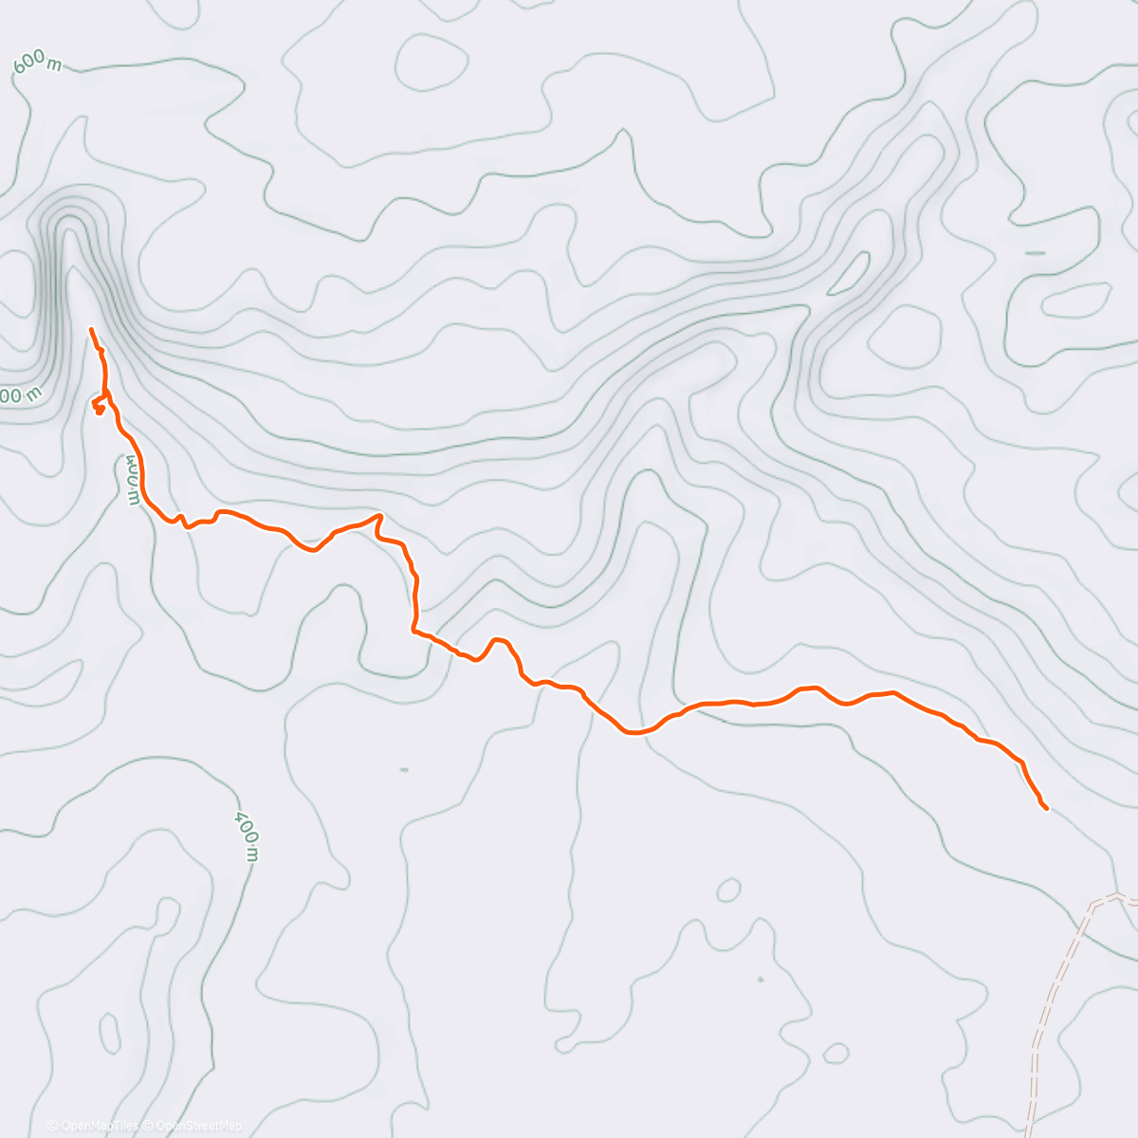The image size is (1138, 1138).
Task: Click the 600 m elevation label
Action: coord(38,64)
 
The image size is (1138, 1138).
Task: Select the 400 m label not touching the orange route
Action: coord(247,835)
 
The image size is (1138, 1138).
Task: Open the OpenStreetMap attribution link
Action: coord(199,1126)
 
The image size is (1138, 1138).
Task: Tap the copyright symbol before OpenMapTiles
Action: coord(53,1126)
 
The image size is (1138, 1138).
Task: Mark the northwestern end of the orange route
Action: coord(90,329)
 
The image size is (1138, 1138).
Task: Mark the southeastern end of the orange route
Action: coord(1046,808)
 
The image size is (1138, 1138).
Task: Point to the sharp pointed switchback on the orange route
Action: coord(379,516)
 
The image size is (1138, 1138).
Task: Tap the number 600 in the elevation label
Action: coord(29,63)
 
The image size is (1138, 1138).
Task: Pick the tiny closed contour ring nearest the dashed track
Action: coord(835,1054)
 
